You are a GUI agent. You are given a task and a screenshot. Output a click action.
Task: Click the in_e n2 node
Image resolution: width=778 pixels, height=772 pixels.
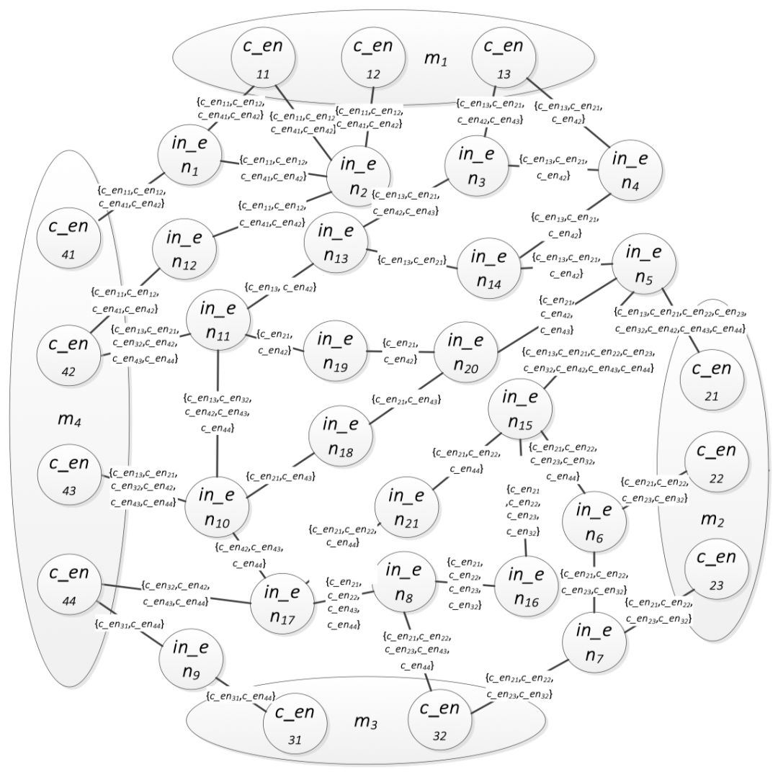pyautogui.click(x=359, y=175)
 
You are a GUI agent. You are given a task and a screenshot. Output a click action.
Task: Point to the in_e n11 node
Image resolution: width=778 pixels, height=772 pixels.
pyautogui.click(x=218, y=320)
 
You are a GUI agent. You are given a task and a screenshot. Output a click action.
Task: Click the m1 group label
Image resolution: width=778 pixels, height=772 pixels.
pyautogui.click(x=434, y=59)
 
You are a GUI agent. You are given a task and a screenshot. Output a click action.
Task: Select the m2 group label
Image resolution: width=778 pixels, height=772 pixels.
pyautogui.click(x=711, y=519)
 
